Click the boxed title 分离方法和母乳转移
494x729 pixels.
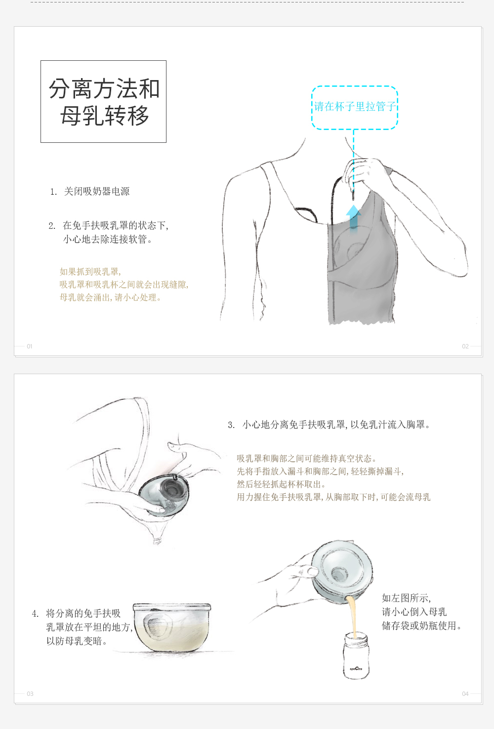pos(104,101)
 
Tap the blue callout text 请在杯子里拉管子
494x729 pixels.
pos(355,106)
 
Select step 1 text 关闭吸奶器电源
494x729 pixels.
pos(97,191)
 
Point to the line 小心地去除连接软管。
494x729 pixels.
pos(108,239)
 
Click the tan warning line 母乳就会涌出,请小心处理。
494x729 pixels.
pos(110,298)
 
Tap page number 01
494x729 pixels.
pos(30,346)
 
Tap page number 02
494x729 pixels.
pos(465,346)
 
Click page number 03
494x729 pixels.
pos(30,694)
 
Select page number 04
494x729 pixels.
pos(465,694)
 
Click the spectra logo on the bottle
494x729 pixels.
pos(356,669)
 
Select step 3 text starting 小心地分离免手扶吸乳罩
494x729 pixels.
pos(336,425)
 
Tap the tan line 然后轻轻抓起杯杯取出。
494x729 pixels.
pos(281,484)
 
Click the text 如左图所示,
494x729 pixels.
pos(406,598)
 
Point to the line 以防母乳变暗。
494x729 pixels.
pos(77,641)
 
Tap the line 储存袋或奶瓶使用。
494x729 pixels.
pos(422,626)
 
